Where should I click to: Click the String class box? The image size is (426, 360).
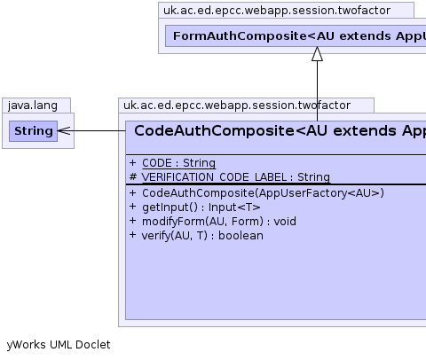point(33,131)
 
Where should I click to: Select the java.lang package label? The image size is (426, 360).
point(33,106)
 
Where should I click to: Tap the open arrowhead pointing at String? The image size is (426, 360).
point(64,131)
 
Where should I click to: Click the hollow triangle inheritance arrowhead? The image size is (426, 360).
point(317,54)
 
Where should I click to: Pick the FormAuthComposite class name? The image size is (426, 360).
point(299,36)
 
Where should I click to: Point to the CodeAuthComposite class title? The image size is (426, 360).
point(280,130)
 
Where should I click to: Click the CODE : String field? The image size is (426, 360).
point(179,163)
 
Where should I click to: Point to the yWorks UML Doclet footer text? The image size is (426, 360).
point(59,345)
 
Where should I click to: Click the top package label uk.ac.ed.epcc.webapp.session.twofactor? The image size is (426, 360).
point(277,11)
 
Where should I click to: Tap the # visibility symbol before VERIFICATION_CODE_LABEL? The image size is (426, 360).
point(133,177)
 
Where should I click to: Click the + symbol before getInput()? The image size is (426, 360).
point(133,207)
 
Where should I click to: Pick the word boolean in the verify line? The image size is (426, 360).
point(241,236)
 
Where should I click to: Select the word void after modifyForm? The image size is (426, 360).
point(285,222)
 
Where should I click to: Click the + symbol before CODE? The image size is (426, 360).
point(133,162)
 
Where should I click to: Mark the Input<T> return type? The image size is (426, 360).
point(234,207)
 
